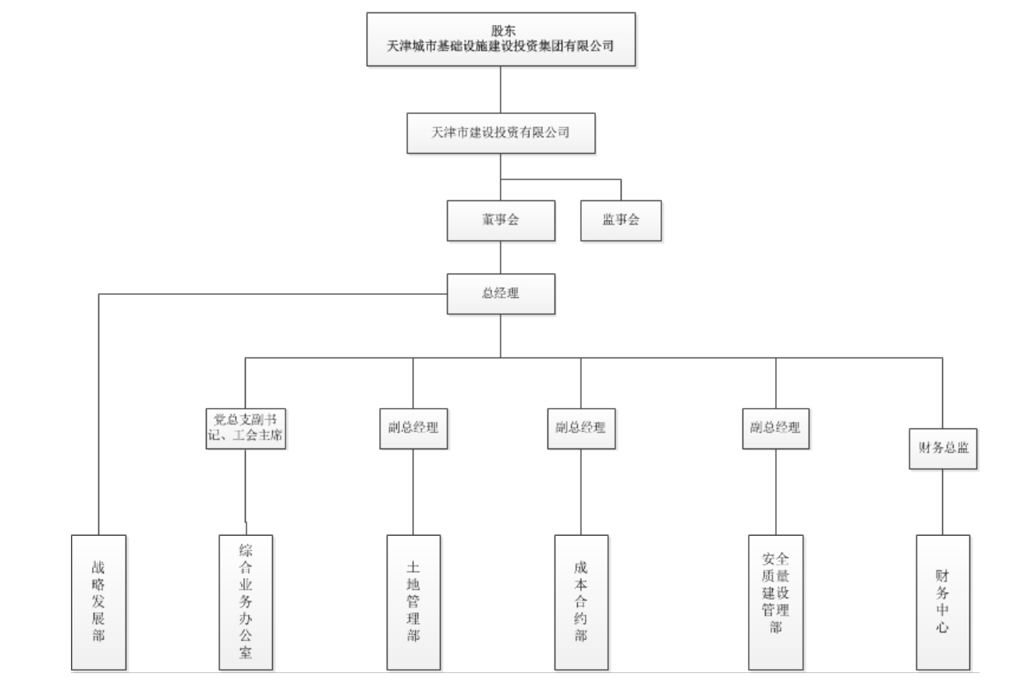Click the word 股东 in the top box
click(503, 31)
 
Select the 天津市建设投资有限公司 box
click(501, 133)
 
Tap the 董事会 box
click(501, 221)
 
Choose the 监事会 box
click(621, 221)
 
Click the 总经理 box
click(501, 294)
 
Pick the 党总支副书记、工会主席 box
click(246, 428)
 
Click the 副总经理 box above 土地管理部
click(413, 428)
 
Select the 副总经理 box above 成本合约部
click(581, 428)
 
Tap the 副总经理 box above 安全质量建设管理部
click(775, 428)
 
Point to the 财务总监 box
click(943, 448)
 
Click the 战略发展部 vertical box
click(98, 602)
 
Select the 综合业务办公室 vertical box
click(246, 602)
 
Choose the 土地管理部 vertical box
click(413, 602)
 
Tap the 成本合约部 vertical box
click(581, 602)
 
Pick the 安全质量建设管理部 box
click(775, 602)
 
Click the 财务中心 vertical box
click(943, 602)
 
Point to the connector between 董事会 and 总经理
click(501, 257)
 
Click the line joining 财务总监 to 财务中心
click(943, 501)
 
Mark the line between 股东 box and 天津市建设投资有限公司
click(501, 90)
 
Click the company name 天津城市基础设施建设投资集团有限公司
click(501, 46)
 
